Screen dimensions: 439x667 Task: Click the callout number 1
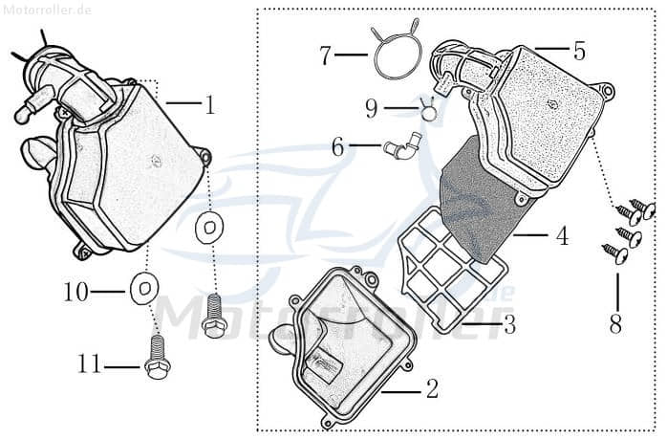(x=209, y=104)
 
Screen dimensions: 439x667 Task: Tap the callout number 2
(x=432, y=389)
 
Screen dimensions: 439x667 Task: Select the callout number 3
(x=509, y=325)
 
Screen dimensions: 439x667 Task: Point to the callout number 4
(x=562, y=235)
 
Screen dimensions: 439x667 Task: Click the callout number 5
(x=579, y=49)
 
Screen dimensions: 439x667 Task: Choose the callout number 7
(x=326, y=55)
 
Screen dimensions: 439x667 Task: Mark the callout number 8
(x=615, y=324)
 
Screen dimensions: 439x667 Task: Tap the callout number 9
(x=372, y=109)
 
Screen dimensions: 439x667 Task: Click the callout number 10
(x=75, y=291)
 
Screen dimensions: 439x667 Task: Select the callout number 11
(x=90, y=365)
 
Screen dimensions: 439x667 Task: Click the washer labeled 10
(x=144, y=286)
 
